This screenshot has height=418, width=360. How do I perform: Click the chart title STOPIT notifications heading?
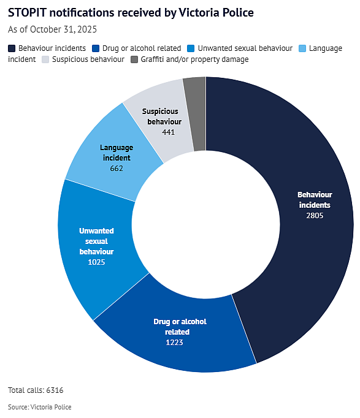pos(131,13)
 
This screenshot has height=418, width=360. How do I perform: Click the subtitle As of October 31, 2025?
pos(52,29)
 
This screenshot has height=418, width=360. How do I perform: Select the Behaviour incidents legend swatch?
pos(12,48)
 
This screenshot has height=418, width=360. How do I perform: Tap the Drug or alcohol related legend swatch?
pos(96,48)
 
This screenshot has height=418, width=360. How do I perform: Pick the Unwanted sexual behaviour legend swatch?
pos(191,48)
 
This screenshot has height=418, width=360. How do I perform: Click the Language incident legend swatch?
pos(302,48)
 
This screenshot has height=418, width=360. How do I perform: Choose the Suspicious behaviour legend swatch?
pos(45,59)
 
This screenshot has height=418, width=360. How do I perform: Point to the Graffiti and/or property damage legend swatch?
pos(134,59)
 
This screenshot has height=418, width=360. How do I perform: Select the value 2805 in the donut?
pos(315,215)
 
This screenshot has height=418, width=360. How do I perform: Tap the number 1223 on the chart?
pos(174,342)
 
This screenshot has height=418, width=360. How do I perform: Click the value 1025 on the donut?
pos(96,262)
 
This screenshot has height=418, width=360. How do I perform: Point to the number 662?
pos(117,169)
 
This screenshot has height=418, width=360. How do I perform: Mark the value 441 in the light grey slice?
pos(168,132)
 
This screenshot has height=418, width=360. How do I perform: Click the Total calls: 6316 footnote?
pos(36,390)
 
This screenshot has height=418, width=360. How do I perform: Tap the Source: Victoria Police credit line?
pos(40,407)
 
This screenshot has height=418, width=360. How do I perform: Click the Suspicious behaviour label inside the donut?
pos(162,116)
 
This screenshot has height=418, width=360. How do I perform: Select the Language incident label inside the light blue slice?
pos(117,153)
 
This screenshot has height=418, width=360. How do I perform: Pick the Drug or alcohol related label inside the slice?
pos(180,327)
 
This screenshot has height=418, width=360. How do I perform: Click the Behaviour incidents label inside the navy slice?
pos(315,200)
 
